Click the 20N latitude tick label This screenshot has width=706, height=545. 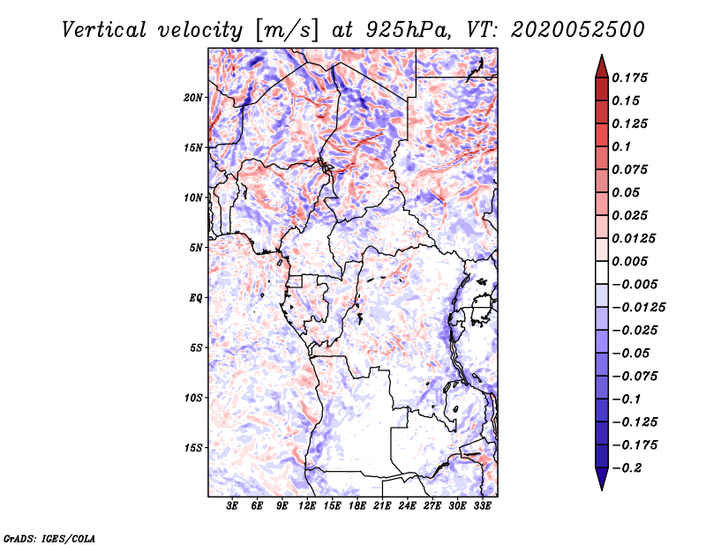[192, 98]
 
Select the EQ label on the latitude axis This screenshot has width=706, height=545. [196, 298]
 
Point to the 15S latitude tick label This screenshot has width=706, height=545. [193, 448]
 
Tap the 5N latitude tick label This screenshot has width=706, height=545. [196, 248]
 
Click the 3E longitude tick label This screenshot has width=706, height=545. [232, 505]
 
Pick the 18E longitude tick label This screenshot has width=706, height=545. [357, 505]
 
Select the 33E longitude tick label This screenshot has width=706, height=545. [482, 505]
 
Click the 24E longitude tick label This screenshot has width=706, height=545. [407, 505]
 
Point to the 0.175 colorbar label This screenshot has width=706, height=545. [629, 78]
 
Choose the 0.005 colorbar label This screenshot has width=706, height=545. [629, 261]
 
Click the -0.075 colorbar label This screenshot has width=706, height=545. [635, 377]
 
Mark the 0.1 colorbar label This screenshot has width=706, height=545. [621, 146]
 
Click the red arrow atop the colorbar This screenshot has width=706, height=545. [602, 67]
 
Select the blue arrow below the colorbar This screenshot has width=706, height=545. [602, 479]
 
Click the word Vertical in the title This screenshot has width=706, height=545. [104, 30]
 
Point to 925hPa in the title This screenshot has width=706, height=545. [408, 30]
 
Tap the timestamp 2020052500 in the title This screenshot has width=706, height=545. [578, 30]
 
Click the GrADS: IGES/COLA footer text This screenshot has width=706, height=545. [49, 539]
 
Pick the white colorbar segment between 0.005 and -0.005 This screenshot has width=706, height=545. [602, 272]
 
